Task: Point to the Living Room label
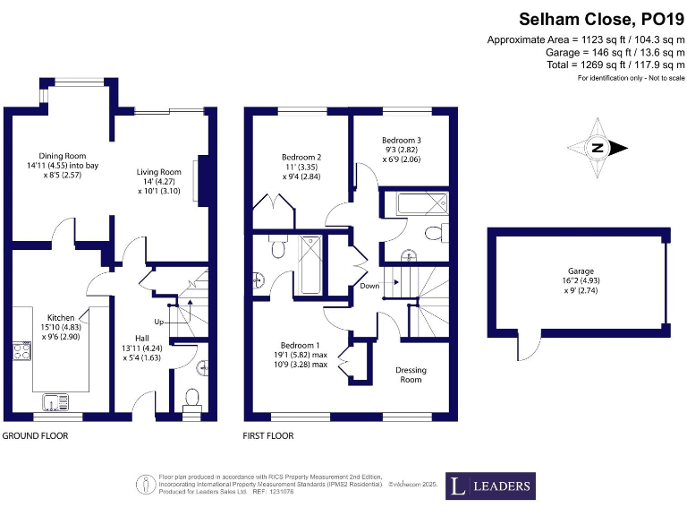[x=159, y=172]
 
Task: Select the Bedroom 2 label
[x=301, y=158]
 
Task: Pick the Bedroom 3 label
[x=402, y=141]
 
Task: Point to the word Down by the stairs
[x=369, y=286]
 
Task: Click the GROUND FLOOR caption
[x=35, y=436]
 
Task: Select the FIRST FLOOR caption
[x=268, y=436]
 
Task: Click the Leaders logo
[x=491, y=486]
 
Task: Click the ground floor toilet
[x=191, y=398]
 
